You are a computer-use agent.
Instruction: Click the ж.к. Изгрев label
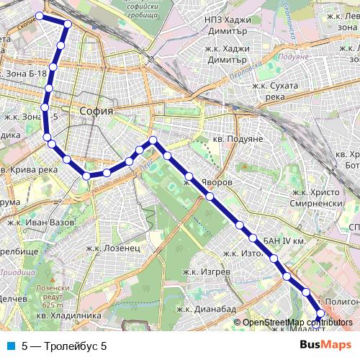pos(207,272)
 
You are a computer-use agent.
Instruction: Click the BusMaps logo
pos(325,346)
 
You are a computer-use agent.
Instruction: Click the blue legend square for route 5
pos(9,346)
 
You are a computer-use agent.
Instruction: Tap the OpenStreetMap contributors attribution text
pos(295,323)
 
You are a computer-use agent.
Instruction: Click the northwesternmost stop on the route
pos(40,16)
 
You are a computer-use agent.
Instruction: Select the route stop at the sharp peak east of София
pos(152,140)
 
